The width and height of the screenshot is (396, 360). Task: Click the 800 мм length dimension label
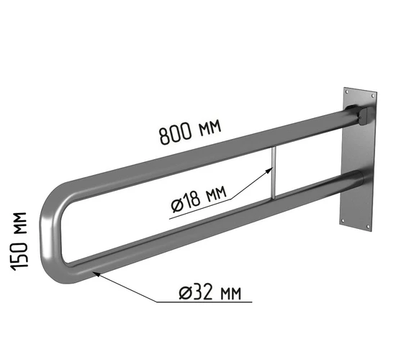coord(190,132)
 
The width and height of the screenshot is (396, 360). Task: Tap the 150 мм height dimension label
coord(19,241)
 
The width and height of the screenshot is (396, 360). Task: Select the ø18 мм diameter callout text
coord(198,199)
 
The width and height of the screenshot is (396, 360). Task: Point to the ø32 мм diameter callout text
coord(210,292)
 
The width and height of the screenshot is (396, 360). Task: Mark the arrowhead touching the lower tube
coord(97,274)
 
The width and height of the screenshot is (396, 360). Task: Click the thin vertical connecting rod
coord(274,172)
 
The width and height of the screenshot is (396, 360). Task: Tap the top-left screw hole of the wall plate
coord(347,92)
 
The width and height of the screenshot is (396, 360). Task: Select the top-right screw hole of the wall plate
coord(373,96)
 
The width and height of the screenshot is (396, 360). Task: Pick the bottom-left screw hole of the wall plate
coord(343,220)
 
